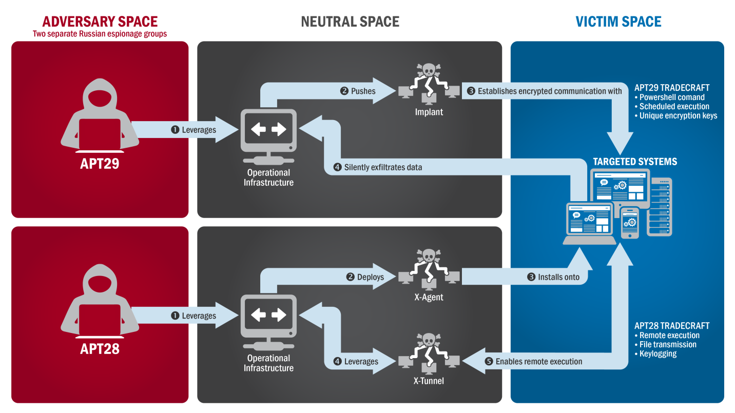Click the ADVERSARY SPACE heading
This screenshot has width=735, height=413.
click(x=100, y=21)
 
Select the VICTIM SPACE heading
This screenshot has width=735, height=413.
click(x=618, y=21)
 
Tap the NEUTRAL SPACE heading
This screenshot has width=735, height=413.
click(x=350, y=21)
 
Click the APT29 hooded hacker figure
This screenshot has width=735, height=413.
click(x=101, y=121)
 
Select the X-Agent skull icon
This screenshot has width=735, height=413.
click(x=429, y=268)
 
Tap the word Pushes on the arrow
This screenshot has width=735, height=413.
click(x=363, y=91)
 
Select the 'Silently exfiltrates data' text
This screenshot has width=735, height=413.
click(x=383, y=167)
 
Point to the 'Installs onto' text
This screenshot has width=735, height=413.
click(x=558, y=277)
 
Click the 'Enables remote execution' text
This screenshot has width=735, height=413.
click(x=539, y=362)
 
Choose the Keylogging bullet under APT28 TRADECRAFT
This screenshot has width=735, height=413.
click(x=658, y=354)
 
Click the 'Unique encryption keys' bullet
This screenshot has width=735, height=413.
click(x=678, y=116)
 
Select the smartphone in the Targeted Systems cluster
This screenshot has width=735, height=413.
click(x=630, y=223)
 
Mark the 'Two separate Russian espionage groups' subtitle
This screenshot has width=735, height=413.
click(x=100, y=34)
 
